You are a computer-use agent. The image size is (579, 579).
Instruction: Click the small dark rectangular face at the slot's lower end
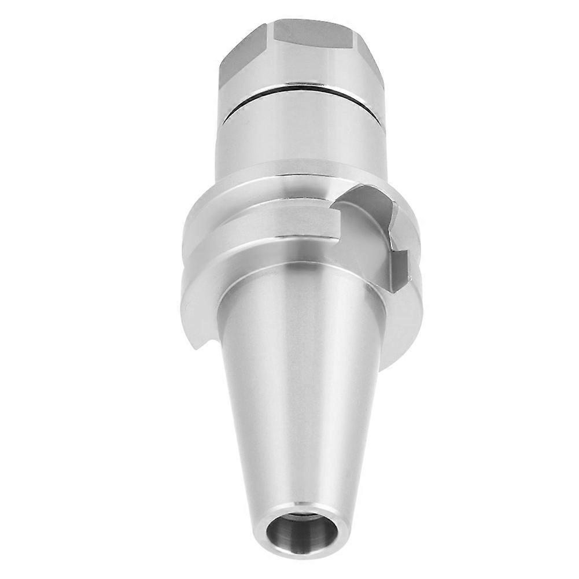(x=400, y=269)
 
